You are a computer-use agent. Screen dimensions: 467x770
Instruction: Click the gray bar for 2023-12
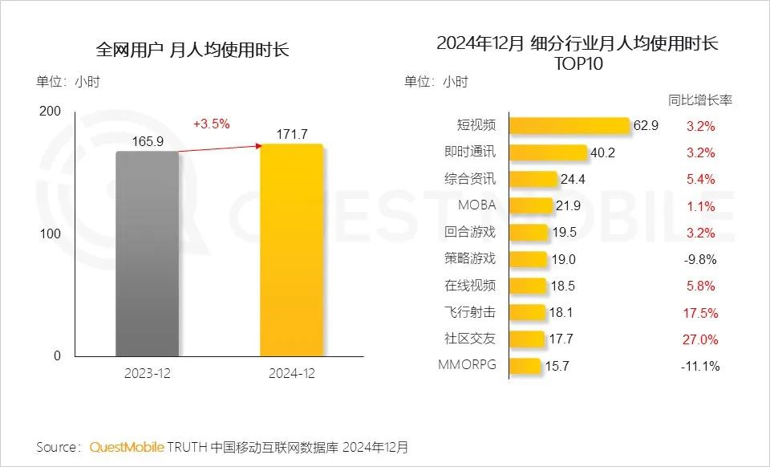(x=148, y=253)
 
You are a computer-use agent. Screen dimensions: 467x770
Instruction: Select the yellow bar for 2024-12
(x=292, y=250)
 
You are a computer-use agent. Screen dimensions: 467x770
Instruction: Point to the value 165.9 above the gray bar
(x=148, y=141)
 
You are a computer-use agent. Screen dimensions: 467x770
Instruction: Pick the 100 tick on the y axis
(x=49, y=233)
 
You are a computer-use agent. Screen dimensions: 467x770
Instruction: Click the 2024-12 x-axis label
(x=292, y=373)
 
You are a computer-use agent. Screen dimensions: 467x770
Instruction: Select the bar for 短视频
(x=569, y=126)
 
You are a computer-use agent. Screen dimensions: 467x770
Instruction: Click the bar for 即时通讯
(x=549, y=152)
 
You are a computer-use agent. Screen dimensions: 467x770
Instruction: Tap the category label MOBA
(x=476, y=205)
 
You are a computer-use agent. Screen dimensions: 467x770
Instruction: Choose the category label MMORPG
(x=467, y=365)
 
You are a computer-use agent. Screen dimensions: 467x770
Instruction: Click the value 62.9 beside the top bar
(x=646, y=126)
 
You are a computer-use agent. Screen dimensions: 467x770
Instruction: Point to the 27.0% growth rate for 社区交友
(x=700, y=339)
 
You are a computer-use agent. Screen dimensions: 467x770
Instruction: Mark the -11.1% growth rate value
(x=699, y=366)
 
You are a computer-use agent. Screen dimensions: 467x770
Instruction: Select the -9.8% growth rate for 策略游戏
(x=700, y=259)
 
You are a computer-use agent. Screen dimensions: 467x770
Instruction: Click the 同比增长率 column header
(x=699, y=100)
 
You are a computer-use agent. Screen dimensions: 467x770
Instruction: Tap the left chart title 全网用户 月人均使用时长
(x=192, y=50)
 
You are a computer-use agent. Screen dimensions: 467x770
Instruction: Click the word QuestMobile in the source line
(x=127, y=446)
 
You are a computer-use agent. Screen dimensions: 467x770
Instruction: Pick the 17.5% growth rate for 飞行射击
(x=700, y=313)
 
